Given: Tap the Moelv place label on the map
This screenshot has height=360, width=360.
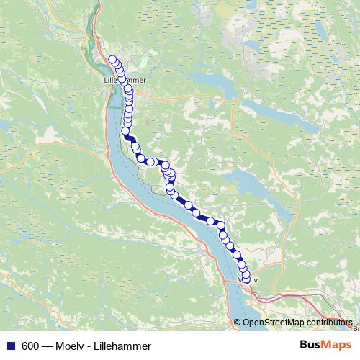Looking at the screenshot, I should coord(247,279).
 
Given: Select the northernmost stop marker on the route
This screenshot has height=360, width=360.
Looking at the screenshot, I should coord(112,60).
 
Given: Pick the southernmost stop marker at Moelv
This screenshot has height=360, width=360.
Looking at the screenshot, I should coord(246,279).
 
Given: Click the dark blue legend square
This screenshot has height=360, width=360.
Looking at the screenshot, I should coord(10,345).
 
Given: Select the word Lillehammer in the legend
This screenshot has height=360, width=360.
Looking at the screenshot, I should coord(124,346).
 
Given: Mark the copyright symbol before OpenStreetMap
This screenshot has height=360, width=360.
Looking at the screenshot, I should coord(238,322).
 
